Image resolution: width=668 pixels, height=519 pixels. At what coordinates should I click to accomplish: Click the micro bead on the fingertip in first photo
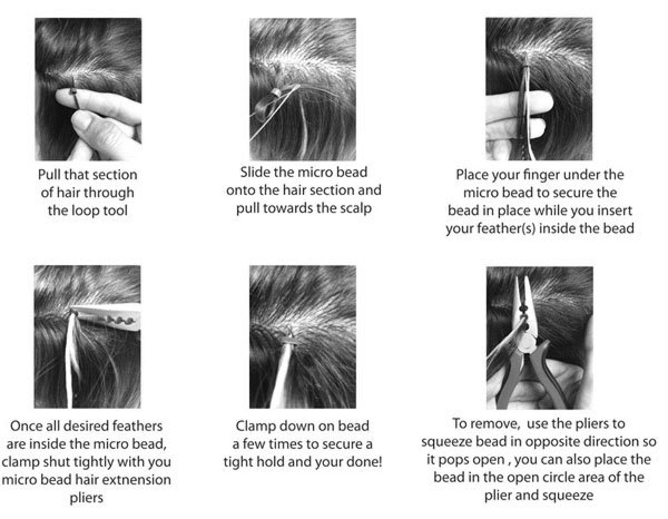coord(74,92)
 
